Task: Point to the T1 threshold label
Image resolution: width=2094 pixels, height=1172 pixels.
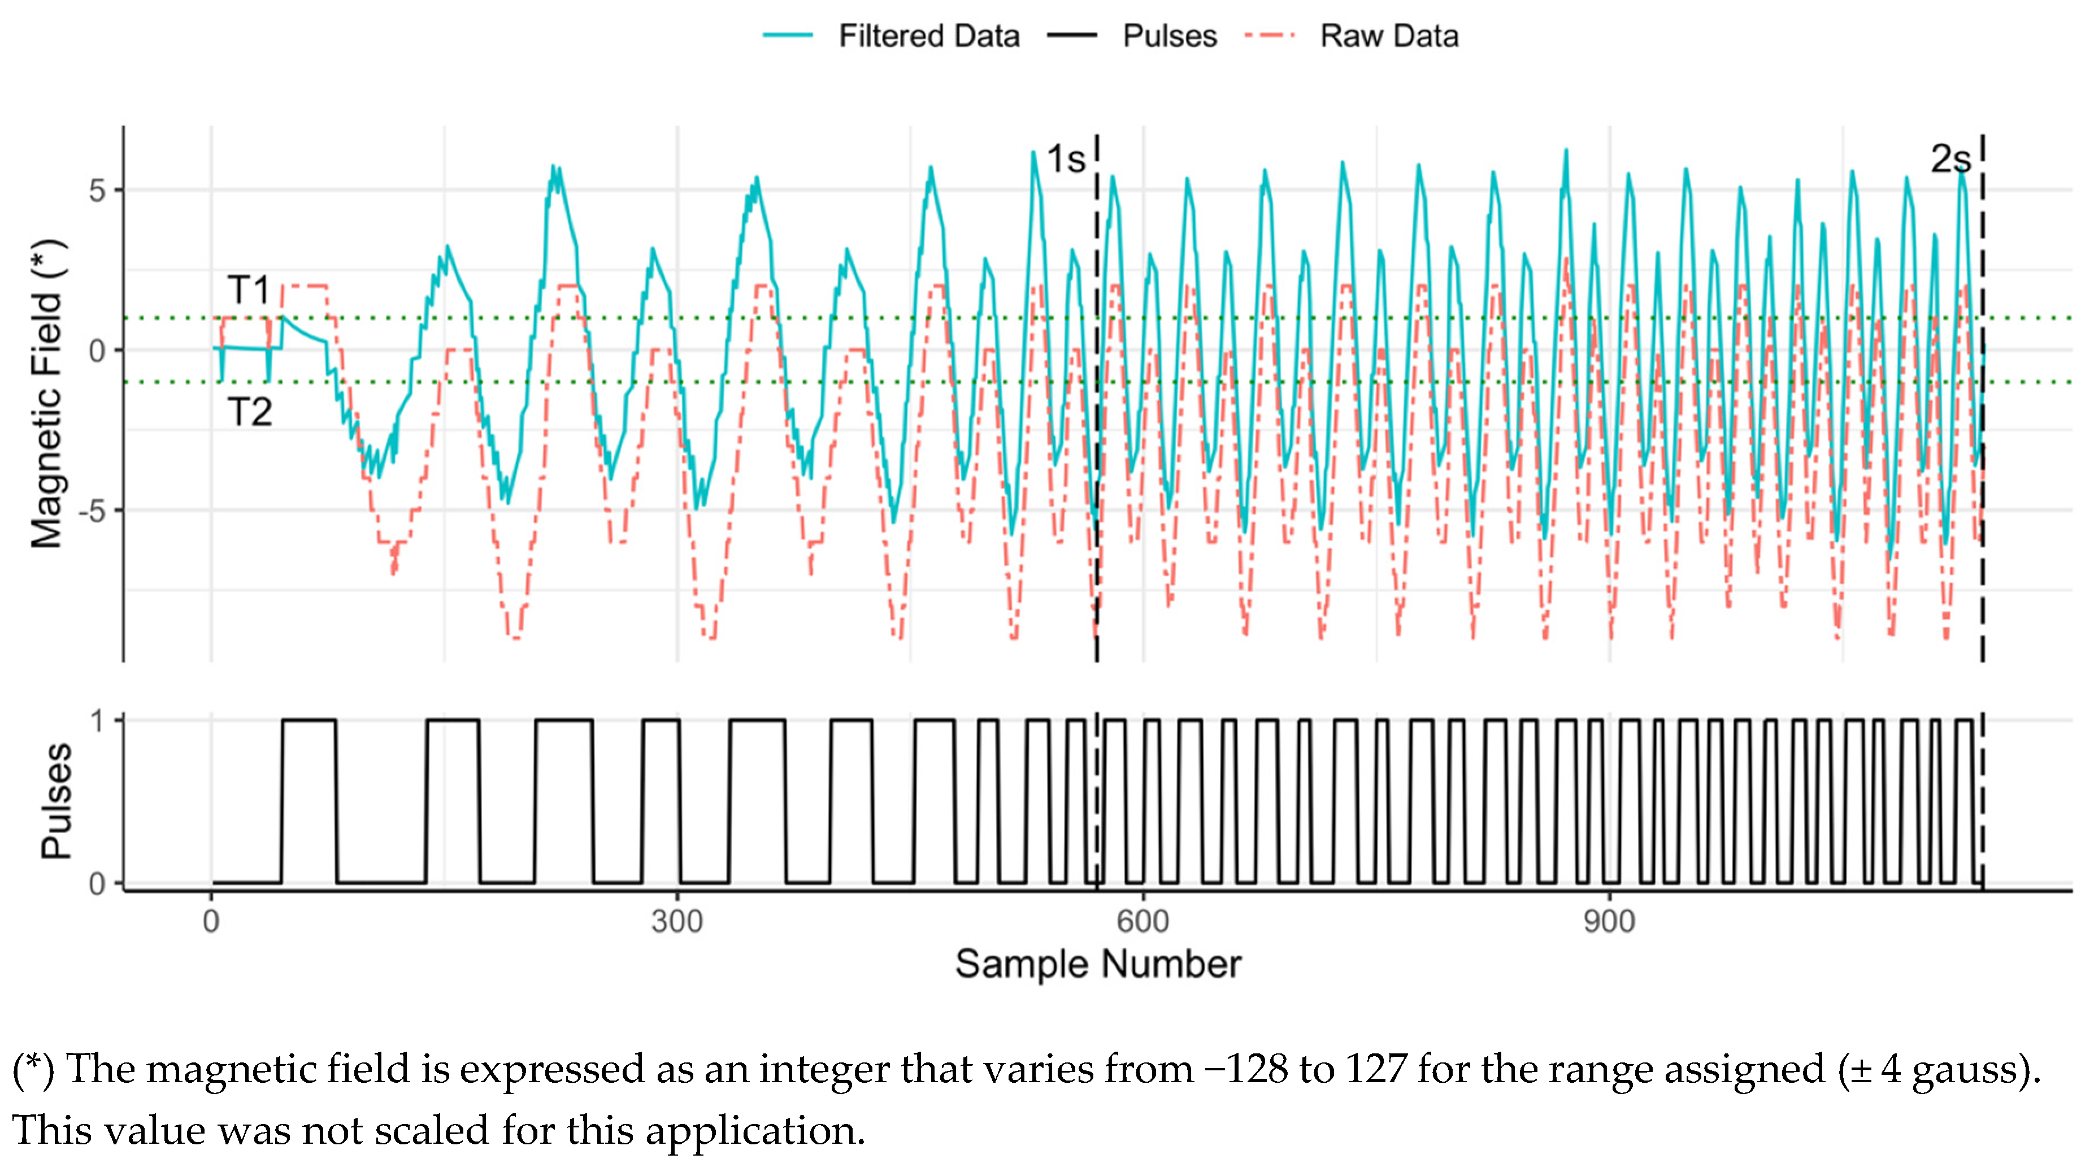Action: tap(249, 290)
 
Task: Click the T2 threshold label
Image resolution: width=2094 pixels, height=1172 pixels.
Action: tap(249, 412)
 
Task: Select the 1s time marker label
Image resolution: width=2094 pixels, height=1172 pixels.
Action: tap(1065, 159)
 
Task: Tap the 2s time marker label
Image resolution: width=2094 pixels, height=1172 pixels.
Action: tap(1949, 159)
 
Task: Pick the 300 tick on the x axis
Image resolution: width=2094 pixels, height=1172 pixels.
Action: tap(676, 922)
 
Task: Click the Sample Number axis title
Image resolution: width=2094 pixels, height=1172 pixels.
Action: tap(1097, 965)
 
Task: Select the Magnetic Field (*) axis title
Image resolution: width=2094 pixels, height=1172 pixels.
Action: tap(46, 394)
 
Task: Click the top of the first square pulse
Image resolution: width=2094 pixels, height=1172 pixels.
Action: tap(309, 720)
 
